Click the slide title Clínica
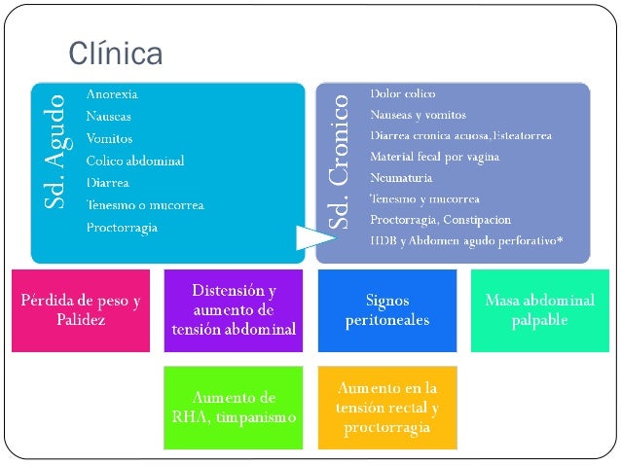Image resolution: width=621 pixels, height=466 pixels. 114,54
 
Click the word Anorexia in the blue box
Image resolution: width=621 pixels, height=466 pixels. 112,94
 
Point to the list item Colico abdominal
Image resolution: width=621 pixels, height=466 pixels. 135,160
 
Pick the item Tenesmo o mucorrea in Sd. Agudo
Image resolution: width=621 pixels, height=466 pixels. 140,204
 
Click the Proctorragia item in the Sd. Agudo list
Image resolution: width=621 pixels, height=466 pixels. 122,227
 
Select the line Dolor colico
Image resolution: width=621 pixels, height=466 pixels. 402,93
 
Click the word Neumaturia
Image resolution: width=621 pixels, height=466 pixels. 401,177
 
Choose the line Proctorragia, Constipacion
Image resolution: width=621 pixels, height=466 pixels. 440,219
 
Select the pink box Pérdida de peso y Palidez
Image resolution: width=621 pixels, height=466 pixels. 81,309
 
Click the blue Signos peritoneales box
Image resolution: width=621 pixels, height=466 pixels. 386,309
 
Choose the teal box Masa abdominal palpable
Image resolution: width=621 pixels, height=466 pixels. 539,309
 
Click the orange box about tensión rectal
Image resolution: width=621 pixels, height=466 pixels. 386,407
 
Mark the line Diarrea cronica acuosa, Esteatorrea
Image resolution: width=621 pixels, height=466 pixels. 460,135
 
